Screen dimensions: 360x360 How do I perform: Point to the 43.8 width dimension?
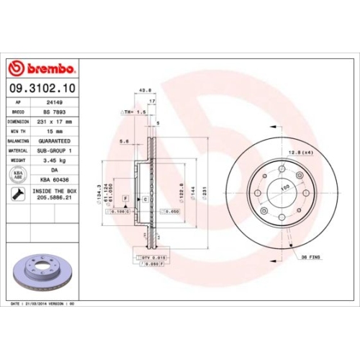[x=143, y=91]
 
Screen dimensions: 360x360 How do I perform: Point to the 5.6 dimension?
[x=124, y=141]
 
